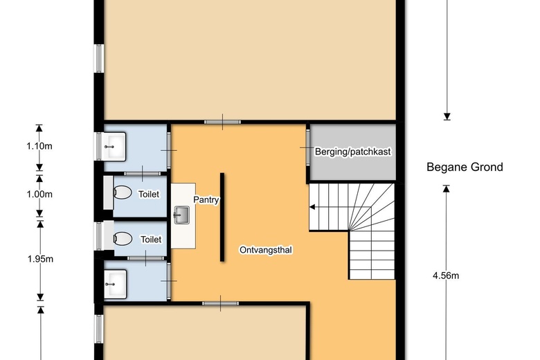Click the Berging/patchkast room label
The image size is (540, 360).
coord(352,152)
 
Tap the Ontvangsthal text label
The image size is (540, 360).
coord(266,250)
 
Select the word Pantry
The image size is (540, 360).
coord(206,200)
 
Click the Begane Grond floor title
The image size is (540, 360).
coord(465,167)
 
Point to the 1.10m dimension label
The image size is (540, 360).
coord(39,146)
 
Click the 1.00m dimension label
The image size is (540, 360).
coord(39,195)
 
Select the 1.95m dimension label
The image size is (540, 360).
coord(40,259)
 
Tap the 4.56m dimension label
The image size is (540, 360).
coord(446,276)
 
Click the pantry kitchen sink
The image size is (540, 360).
coord(181,215)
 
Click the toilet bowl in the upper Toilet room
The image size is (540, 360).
coord(123,192)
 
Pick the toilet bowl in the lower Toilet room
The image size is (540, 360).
coord(123,238)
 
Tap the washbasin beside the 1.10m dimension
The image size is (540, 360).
coord(114,147)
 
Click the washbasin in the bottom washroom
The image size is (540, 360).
coord(115,285)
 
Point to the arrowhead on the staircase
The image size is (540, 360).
coord(312,207)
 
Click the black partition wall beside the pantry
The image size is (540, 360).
coord(222,217)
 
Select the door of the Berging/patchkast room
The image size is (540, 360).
coord(307,147)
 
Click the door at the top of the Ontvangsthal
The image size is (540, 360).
coord(222,122)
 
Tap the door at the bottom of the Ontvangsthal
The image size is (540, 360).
coord(220,303)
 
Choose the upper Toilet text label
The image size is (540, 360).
coord(149,195)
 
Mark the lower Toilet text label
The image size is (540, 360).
coord(151,240)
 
